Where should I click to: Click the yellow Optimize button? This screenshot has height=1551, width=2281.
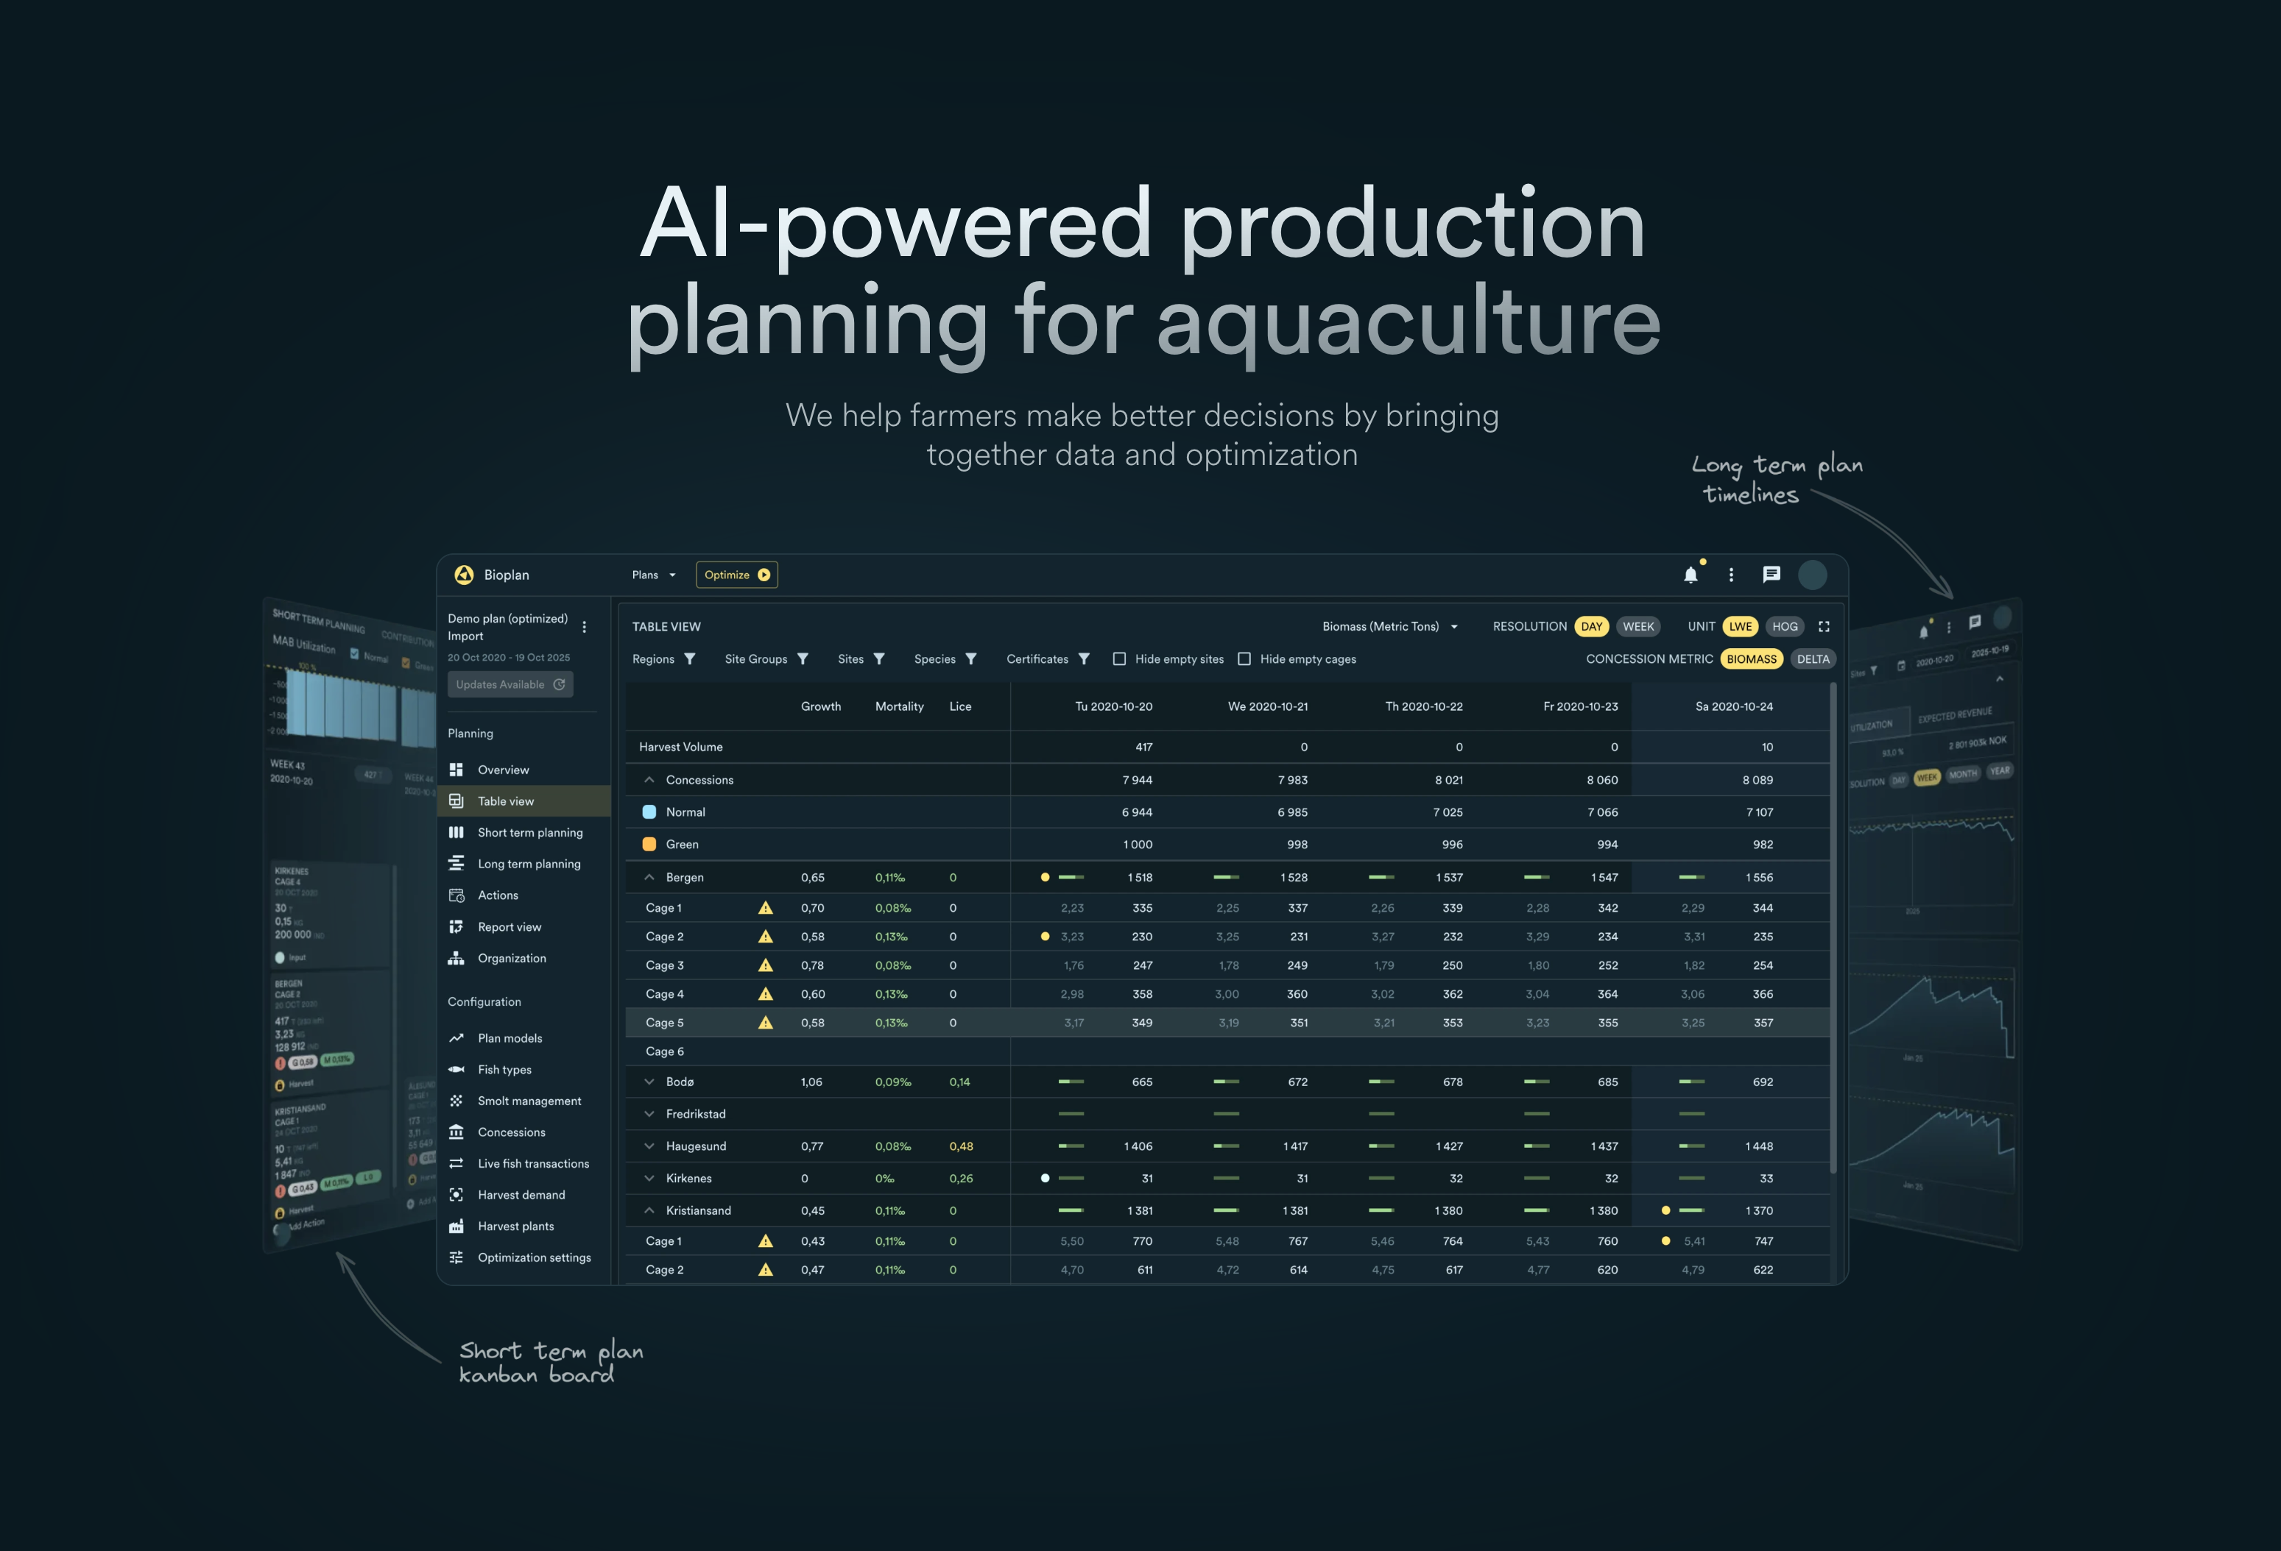click(736, 575)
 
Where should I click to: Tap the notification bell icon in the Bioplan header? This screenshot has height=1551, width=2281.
click(1691, 575)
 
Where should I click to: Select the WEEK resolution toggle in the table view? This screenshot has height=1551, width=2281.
click(1637, 627)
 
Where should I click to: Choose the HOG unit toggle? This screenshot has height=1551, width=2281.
click(1784, 627)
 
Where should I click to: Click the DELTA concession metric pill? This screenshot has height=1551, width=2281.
click(1812, 659)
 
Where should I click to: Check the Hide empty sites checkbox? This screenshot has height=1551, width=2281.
click(1119, 659)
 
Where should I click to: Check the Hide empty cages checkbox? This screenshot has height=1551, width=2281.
click(1244, 659)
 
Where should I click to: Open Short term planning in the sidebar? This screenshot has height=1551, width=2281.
click(530, 833)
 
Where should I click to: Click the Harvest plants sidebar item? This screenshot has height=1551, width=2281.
click(515, 1227)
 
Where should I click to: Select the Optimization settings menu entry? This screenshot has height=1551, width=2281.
click(534, 1257)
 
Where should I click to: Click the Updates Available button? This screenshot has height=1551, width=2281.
click(510, 685)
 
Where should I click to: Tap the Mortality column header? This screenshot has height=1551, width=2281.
click(899, 706)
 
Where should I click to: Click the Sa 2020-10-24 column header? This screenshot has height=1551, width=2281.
click(1733, 706)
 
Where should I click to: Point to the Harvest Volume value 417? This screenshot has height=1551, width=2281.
click(1143, 748)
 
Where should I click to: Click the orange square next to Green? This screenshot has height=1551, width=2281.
click(649, 845)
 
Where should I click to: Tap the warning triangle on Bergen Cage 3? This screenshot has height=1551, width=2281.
click(766, 965)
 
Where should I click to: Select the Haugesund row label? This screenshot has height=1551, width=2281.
click(695, 1146)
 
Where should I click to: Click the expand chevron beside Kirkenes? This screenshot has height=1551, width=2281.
click(649, 1178)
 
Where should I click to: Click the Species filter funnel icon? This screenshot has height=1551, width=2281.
click(970, 659)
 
